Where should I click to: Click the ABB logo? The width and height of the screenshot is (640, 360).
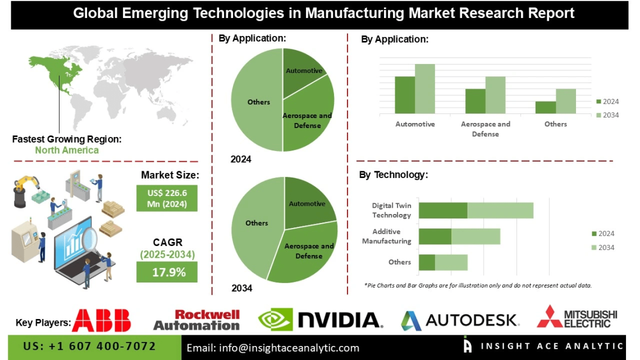point(101,320)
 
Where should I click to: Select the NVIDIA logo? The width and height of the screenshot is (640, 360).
point(321,320)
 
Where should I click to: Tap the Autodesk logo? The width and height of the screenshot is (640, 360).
point(459,320)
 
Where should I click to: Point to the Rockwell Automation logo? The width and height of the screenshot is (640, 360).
point(197,320)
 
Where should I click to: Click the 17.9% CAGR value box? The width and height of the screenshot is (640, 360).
point(167,272)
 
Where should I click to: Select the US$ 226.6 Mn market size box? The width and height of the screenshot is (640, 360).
point(167,198)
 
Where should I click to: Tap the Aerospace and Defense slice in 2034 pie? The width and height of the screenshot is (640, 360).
point(306,253)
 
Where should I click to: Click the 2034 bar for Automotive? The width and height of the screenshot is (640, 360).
point(425,89)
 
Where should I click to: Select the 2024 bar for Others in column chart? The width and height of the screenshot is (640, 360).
point(545,107)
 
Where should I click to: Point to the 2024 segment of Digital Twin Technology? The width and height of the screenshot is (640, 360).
point(443,211)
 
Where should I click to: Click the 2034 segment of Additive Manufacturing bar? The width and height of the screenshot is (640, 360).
point(476,236)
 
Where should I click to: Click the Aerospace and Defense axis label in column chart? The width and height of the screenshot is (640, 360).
point(485,129)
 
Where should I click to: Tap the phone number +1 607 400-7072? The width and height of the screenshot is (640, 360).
point(90,347)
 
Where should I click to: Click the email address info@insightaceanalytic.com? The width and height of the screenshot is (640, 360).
point(273,348)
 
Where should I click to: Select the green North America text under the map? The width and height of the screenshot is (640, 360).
point(67,150)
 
